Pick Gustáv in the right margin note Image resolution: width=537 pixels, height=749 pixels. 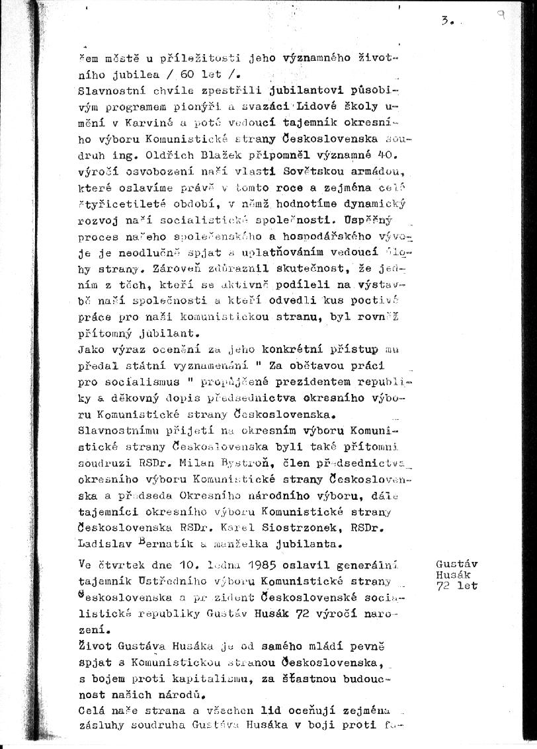[x=457, y=564]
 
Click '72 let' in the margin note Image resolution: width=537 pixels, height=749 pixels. [x=457, y=586]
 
